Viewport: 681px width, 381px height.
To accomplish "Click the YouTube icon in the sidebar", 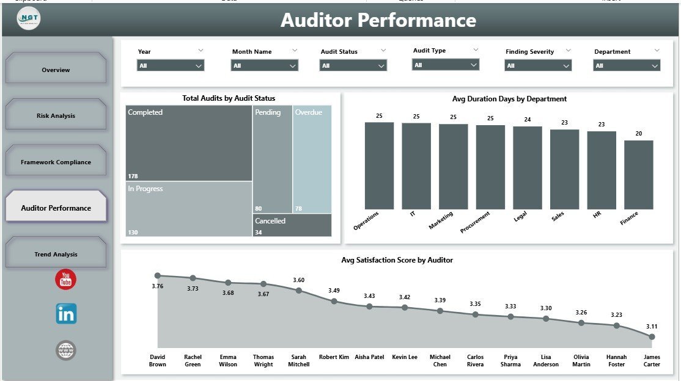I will pos(65,280).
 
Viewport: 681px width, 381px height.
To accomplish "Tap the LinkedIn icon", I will pos(66,314).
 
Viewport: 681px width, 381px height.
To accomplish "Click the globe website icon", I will pos(66,350).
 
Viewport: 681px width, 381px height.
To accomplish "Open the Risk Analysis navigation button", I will pos(56,115).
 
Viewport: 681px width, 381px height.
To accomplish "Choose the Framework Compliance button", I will pos(56,162).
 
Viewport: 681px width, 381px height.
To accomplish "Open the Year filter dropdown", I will pos(171,65).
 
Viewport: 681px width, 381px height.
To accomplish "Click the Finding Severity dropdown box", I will pos(538,65).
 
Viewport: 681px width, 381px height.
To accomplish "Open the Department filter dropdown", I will pos(627,65).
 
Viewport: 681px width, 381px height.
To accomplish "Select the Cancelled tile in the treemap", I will pos(292,225).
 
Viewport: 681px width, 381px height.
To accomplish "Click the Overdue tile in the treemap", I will pos(312,159).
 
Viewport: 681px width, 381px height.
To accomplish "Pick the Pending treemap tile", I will pos(273,159).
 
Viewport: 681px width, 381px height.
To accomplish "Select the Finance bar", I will pos(638,175).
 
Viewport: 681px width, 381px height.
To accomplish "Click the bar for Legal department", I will pos(527,168).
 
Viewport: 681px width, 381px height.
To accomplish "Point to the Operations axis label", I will pos(366,220).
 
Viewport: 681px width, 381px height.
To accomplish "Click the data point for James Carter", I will pos(652,336).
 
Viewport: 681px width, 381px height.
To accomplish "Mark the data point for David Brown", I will pos(158,276).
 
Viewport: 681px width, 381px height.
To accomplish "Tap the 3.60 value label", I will pos(298,280).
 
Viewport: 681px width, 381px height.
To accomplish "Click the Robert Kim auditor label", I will pos(334,357).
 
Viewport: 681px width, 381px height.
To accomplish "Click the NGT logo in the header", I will pos(29,19).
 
